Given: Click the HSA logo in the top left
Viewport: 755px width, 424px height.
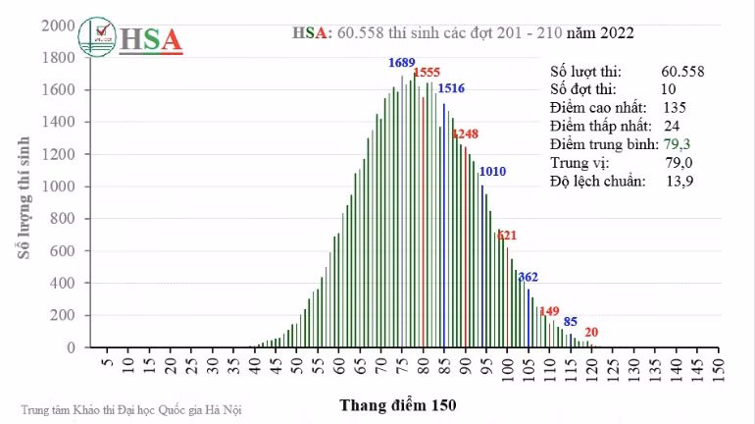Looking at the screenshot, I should click(x=129, y=38).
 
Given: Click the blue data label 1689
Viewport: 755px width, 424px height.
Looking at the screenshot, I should click(x=402, y=63).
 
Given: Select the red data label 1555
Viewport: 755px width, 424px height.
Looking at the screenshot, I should click(x=427, y=73).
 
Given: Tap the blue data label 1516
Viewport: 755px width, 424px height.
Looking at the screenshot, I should click(x=451, y=89).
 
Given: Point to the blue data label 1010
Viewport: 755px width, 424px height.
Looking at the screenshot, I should click(x=492, y=172).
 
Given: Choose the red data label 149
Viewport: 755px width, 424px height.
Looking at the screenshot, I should click(x=549, y=311).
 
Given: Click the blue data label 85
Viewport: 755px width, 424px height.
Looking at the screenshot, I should click(x=570, y=321).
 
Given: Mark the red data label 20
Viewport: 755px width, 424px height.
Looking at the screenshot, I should click(x=591, y=332).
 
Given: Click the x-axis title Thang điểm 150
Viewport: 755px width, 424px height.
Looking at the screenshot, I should click(x=398, y=403).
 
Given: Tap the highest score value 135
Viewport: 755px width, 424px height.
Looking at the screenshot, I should click(x=675, y=107).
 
